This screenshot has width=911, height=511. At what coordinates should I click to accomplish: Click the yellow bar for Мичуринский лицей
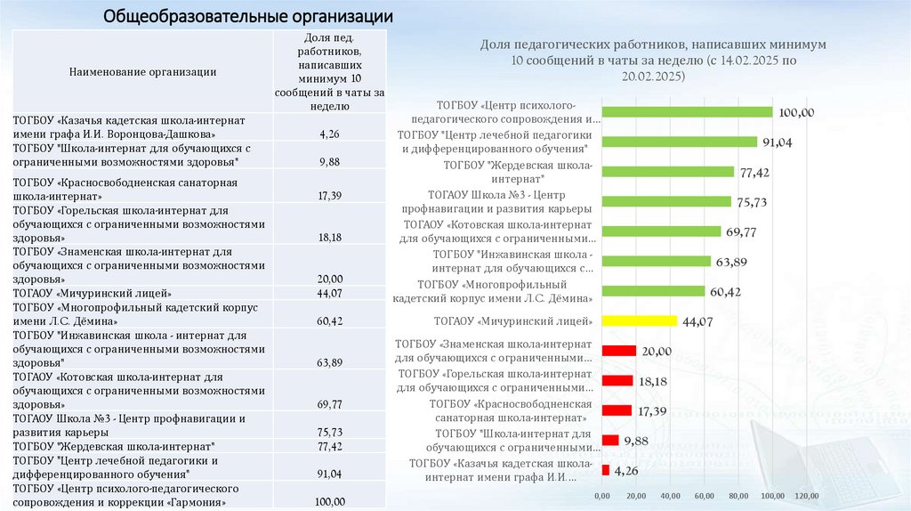(640, 320)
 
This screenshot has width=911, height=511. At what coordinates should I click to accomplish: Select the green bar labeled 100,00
(687, 112)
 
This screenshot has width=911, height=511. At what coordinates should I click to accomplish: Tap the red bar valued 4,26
(605, 470)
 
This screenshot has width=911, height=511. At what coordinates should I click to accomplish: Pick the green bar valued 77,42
(668, 172)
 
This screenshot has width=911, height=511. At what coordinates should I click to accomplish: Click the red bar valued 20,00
(619, 351)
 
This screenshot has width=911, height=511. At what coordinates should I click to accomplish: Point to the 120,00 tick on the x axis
(805, 495)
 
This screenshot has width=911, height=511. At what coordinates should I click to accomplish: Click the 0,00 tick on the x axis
(601, 495)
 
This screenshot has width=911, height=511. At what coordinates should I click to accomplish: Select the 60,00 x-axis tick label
(704, 495)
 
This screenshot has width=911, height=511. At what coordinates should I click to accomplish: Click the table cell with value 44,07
(329, 293)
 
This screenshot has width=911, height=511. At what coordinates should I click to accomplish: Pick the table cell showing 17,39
(329, 195)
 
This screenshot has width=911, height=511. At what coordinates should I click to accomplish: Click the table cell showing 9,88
(329, 162)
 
